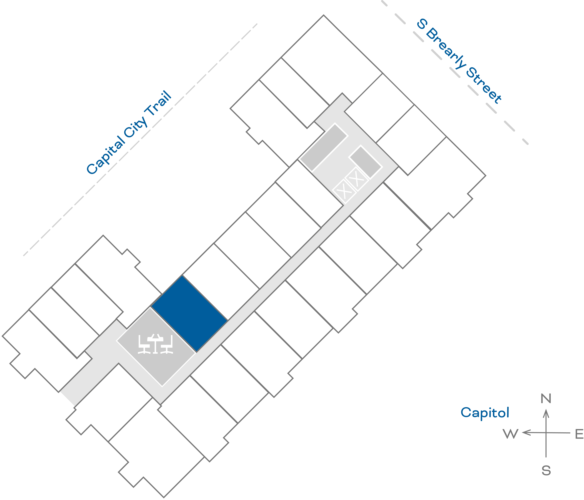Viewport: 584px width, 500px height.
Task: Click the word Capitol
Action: (x=485, y=413)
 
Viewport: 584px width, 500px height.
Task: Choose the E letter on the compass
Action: (x=579, y=434)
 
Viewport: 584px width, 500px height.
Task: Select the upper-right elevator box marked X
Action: (x=357, y=179)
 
